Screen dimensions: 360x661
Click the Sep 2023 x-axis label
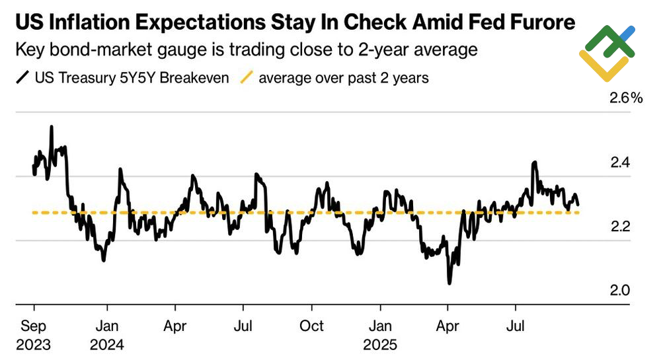pyautogui.click(x=34, y=334)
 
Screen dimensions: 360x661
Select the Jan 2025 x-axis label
pyautogui.click(x=380, y=334)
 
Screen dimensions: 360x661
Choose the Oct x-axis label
pyautogui.click(x=311, y=326)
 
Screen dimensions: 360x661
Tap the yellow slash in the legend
pyautogui.click(x=245, y=78)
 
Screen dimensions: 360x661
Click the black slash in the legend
pyautogui.click(x=22, y=78)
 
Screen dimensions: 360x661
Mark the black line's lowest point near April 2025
pyautogui.click(x=449, y=283)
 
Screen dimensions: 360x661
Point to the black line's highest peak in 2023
pyautogui.click(x=52, y=127)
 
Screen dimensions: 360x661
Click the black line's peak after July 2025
pyautogui.click(x=533, y=162)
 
